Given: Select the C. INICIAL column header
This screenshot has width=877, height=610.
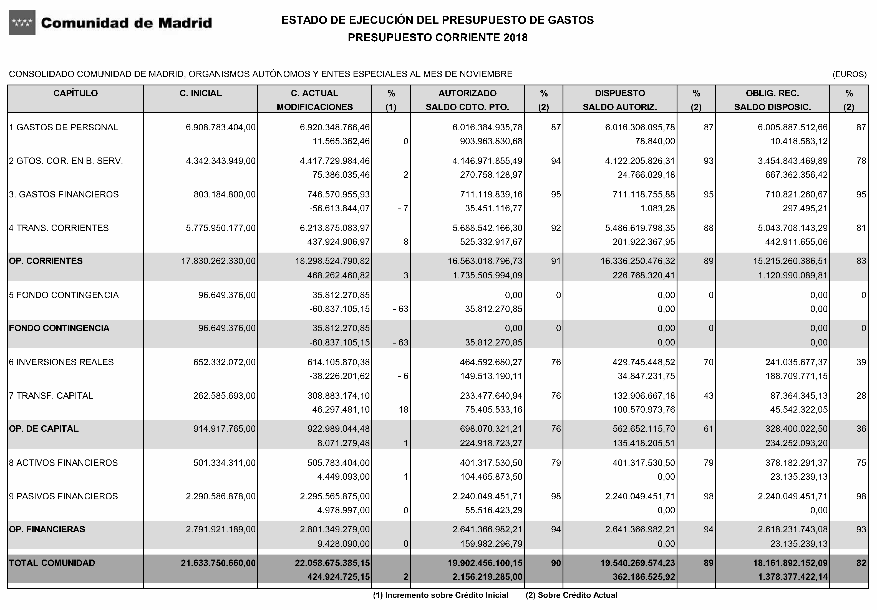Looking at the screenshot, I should pos(201,93).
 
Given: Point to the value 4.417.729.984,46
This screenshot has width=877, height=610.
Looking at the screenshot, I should pos(335,161).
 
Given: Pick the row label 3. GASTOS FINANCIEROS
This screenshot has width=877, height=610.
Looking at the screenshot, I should pos(64,195).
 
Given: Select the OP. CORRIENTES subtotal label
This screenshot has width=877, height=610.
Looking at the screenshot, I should pos(46,261).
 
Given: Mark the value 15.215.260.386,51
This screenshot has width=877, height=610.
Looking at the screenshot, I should pos(793,261).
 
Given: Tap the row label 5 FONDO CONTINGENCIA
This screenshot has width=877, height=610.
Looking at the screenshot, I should pos(64,295).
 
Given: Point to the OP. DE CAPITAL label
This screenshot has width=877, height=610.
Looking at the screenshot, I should pos(44,429).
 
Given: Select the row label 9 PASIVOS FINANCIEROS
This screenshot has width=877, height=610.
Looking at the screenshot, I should pos(63,496).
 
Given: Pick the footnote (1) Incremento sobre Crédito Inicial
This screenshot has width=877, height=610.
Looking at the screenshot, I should pos(440,595).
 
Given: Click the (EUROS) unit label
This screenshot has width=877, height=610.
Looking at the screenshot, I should pos(850,74).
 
